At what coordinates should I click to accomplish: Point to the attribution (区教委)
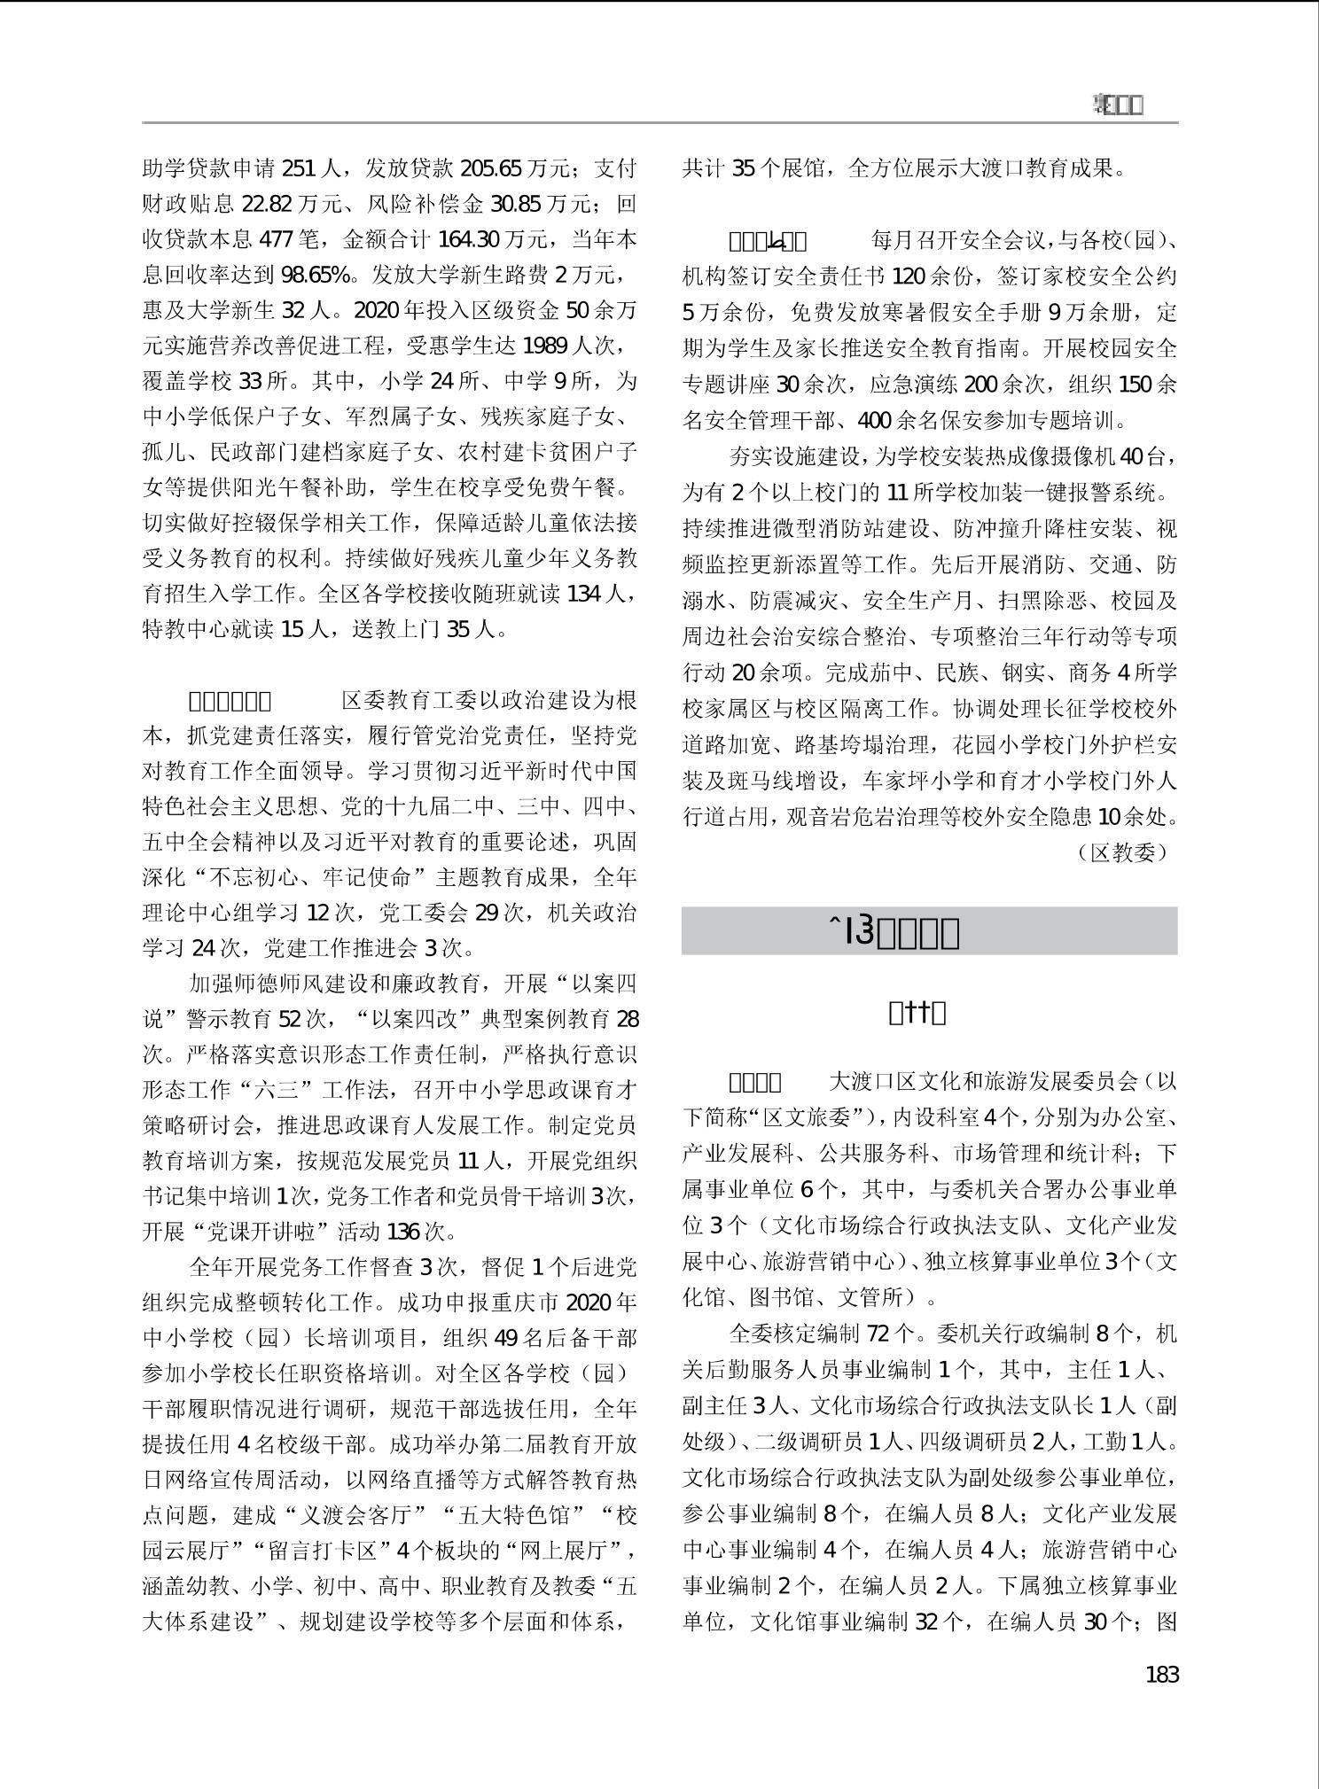tap(1123, 852)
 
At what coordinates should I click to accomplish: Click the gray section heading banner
tap(929, 931)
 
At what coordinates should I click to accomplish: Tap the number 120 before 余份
tap(909, 276)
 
